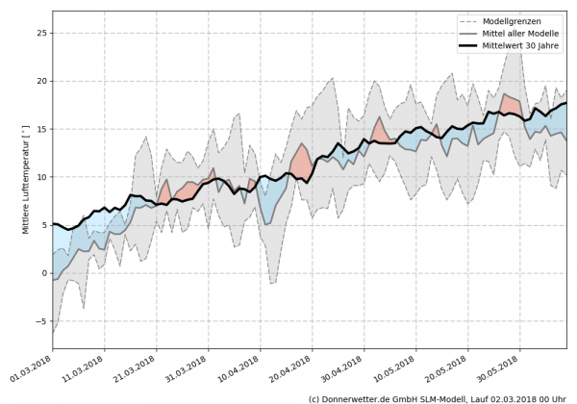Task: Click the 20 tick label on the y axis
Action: pyautogui.click(x=40, y=81)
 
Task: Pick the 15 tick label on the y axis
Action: pyautogui.click(x=40, y=129)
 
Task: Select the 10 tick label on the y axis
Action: pyautogui.click(x=40, y=177)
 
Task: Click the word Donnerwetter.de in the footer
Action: pyautogui.click(x=357, y=397)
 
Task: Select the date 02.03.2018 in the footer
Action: pyautogui.click(x=514, y=397)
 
